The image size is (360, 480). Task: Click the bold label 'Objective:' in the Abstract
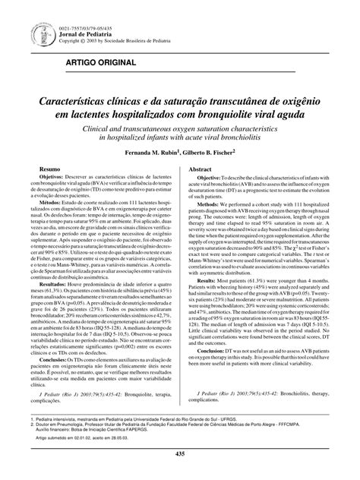pyautogui.click(x=214, y=201)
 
